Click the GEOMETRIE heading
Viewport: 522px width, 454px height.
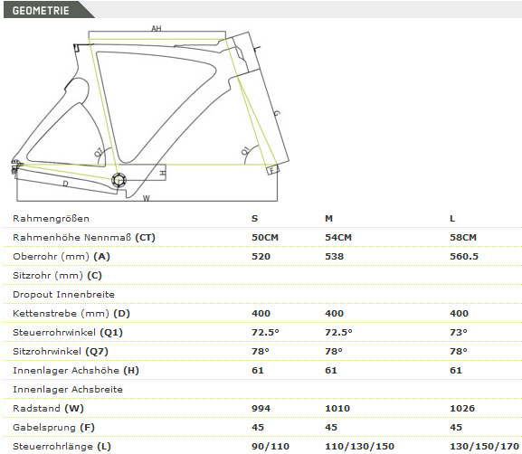pos(41,10)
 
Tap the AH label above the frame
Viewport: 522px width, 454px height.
pos(157,28)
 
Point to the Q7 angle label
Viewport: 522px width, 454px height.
pos(99,152)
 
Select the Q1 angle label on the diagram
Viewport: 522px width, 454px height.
pos(245,150)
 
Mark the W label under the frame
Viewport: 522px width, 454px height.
pos(147,198)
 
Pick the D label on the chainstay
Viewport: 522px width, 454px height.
pos(65,184)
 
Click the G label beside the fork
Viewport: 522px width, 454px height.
pos(276,113)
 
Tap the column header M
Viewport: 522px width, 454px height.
pos(328,218)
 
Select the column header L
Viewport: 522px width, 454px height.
pos(452,218)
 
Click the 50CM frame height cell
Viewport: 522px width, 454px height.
pos(265,237)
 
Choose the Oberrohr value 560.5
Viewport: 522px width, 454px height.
pos(464,256)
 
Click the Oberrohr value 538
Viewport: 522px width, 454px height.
pos(334,256)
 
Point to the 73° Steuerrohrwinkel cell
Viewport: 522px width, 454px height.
pos(459,332)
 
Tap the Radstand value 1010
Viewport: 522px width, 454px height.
pos(337,408)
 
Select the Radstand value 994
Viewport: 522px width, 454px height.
pos(261,408)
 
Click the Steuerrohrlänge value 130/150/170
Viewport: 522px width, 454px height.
pos(484,446)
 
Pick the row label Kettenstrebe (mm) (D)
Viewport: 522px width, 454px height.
pos(71,313)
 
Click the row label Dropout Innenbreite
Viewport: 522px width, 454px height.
pos(63,294)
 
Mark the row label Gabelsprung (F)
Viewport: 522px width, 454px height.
pos(53,428)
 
